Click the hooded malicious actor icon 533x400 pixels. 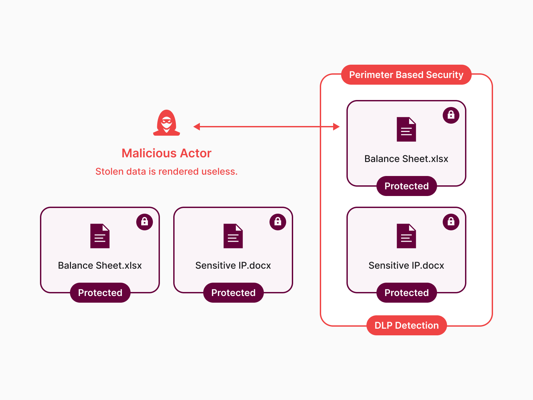[167, 123]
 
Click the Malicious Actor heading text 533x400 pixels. [167, 153]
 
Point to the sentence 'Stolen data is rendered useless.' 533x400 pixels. [167, 171]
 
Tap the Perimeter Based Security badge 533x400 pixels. [406, 75]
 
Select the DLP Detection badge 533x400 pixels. [406, 325]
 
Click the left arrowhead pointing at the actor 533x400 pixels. [197, 127]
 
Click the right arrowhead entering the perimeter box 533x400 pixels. [336, 127]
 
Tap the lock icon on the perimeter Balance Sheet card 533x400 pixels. [451, 115]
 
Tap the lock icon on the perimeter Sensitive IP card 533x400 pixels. [451, 222]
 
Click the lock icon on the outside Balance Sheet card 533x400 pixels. [144, 222]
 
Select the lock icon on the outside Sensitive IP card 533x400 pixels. [277, 222]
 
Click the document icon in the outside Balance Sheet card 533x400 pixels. [100, 236]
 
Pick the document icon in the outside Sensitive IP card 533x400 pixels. [233, 236]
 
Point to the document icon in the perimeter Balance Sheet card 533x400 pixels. [406, 129]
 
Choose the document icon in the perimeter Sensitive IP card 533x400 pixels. [406, 236]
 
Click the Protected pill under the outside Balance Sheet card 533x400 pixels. [100, 293]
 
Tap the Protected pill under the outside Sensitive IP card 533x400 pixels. [233, 293]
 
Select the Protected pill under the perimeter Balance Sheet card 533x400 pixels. [406, 186]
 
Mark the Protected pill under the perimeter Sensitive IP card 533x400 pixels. [406, 293]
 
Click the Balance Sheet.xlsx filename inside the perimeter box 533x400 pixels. [406, 159]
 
